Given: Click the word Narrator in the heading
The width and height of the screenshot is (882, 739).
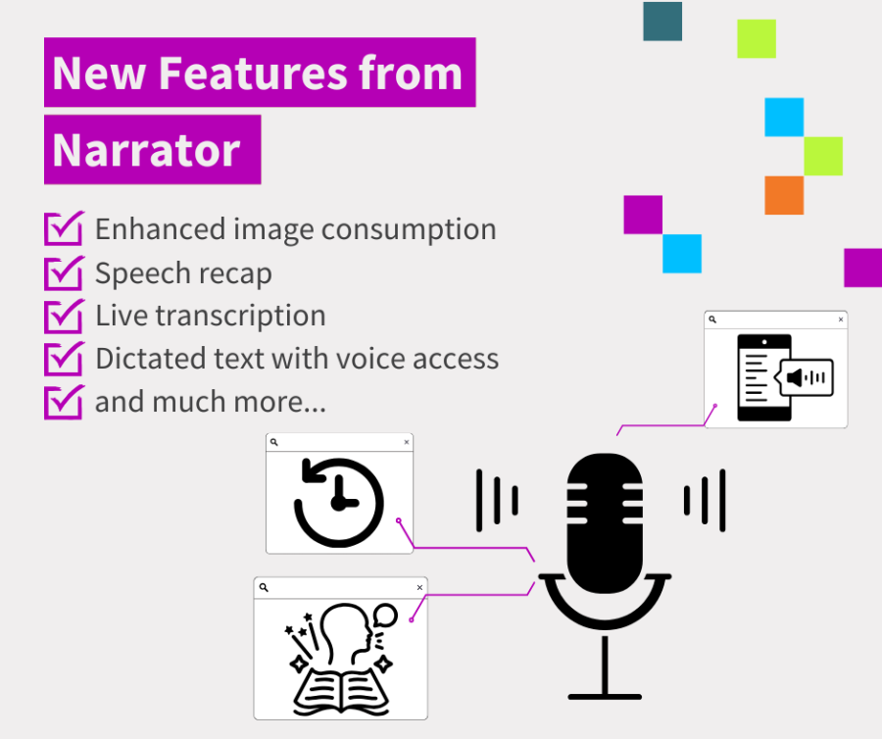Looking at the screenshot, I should pos(146,150).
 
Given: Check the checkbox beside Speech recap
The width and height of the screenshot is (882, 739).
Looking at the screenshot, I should pos(64,272).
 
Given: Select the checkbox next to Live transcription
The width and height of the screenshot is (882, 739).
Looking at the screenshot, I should pos(64,316).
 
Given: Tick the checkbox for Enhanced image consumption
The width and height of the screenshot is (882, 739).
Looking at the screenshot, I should pos(64,229).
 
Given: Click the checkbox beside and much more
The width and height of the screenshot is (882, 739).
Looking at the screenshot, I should pos(64,402).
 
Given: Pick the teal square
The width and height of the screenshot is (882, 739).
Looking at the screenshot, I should pos(662,22).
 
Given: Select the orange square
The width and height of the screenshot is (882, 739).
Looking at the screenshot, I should pos(784,195).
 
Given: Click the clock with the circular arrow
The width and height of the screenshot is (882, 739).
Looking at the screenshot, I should pos(338,500).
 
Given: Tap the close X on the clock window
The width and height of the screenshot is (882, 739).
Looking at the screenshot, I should pos(407,443).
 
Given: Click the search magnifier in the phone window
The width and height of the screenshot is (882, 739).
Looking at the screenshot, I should pos(712,320).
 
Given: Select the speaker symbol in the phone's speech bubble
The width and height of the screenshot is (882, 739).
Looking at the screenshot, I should pos(796,377).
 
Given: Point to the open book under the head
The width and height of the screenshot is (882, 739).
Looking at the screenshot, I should pos(338,686).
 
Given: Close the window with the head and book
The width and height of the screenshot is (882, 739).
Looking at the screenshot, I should pos(420,587).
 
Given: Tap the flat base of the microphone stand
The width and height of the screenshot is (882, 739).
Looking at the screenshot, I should pos(605,696).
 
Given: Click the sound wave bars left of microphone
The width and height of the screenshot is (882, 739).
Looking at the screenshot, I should pos(497,498).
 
